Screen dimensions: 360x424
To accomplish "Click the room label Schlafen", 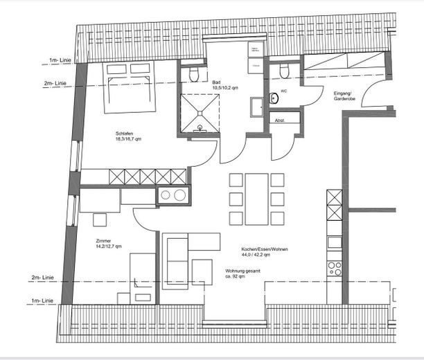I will [x=127, y=133].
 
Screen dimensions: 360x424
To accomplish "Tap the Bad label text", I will [x=216, y=82].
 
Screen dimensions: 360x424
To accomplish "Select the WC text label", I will [x=284, y=91].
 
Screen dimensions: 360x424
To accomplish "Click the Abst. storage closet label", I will [x=280, y=120].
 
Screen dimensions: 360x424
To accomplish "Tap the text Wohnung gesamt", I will [x=243, y=271].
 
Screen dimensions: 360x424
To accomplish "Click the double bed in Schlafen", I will [x=130, y=87].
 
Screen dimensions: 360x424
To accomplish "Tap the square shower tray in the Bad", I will [x=200, y=112].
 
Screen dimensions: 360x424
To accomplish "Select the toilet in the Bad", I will [x=194, y=73].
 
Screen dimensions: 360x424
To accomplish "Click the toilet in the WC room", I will [x=283, y=71].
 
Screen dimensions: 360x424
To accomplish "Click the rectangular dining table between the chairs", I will [x=256, y=199].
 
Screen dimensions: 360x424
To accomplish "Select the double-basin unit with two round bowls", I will [x=173, y=195].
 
